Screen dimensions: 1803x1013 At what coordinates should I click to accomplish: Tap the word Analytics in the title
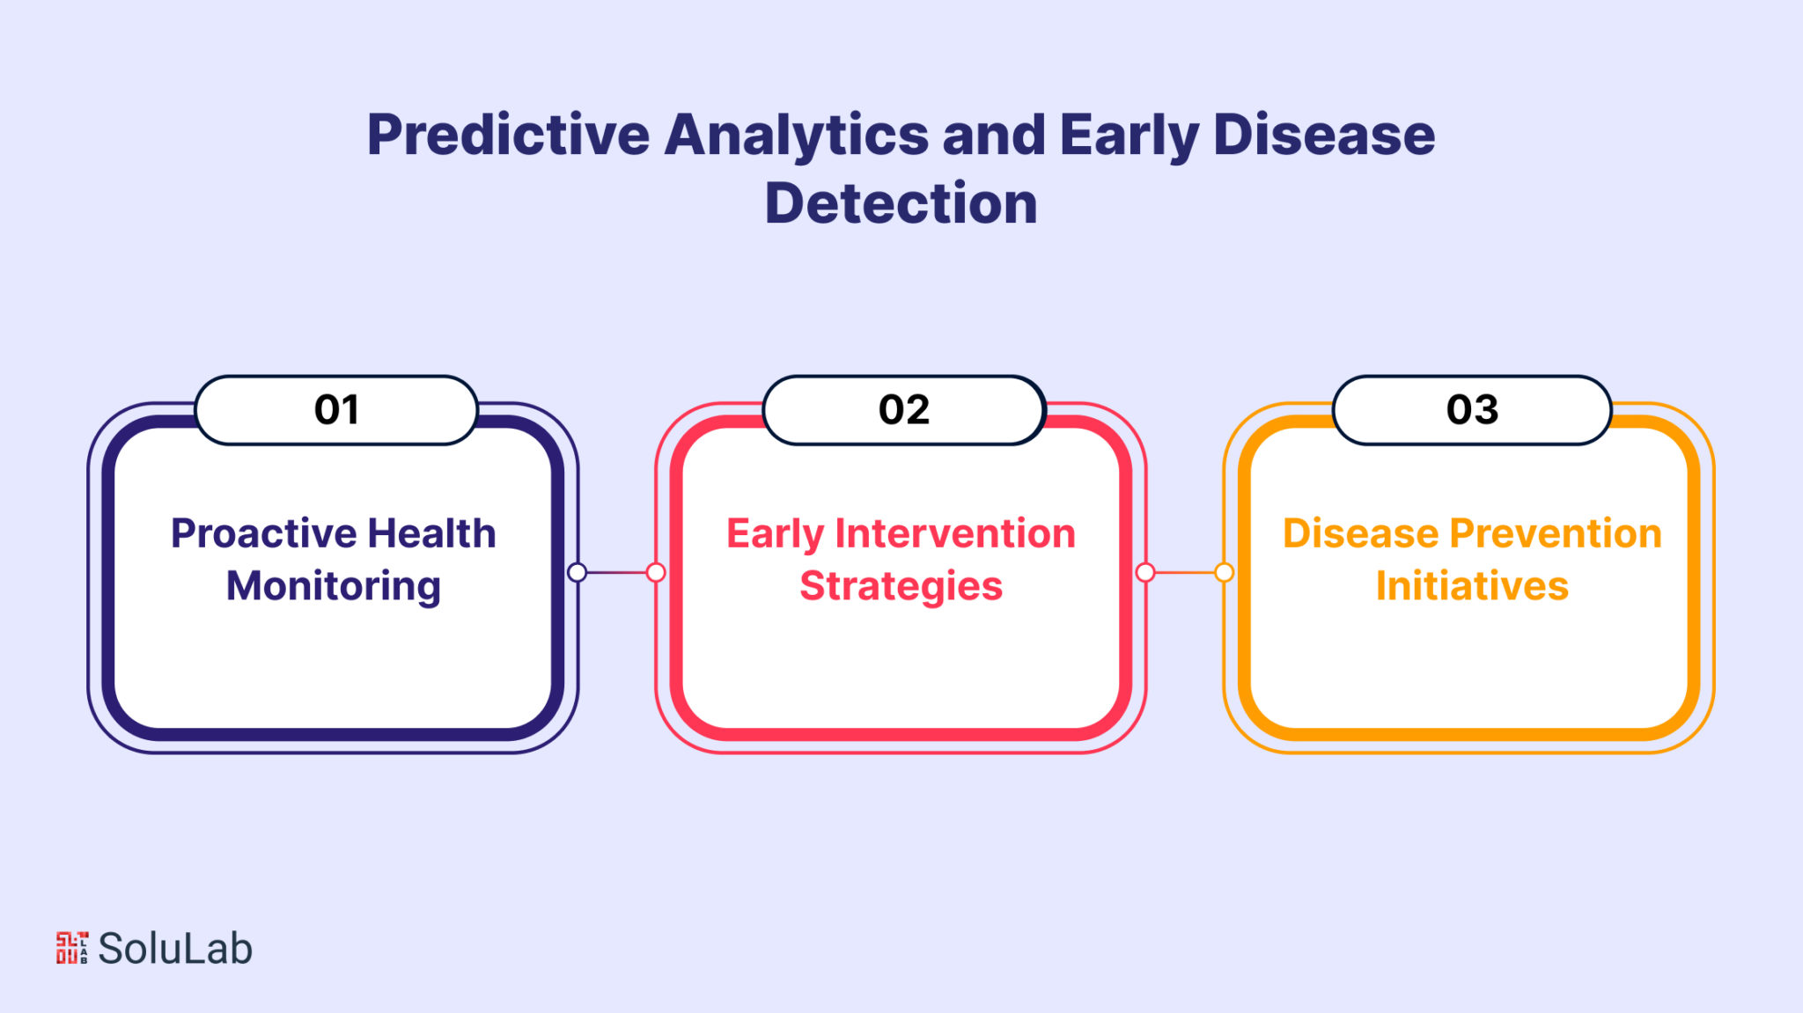point(797,137)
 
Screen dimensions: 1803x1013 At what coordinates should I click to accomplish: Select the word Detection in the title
point(901,203)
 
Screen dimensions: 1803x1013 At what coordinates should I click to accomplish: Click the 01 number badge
point(336,410)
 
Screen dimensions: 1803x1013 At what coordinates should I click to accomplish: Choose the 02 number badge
point(904,410)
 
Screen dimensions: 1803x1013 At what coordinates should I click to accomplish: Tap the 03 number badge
point(1472,410)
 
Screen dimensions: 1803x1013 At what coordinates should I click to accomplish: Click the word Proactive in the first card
point(263,533)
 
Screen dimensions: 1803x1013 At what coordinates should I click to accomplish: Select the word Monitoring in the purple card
point(334,587)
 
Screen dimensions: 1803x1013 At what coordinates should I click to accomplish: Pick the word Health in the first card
point(431,532)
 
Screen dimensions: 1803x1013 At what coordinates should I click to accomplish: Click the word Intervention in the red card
point(955,532)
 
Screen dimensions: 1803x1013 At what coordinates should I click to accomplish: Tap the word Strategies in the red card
point(901,587)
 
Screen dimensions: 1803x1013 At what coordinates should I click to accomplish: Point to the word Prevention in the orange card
point(1556,532)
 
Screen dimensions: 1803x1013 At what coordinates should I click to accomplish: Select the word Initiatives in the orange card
point(1472,585)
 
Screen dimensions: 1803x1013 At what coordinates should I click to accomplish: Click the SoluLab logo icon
point(72,948)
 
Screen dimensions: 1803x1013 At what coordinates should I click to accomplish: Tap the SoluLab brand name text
point(175,948)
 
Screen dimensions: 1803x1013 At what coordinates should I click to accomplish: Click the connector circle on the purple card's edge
point(578,573)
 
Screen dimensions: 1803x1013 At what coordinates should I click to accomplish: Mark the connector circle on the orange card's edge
point(1224,573)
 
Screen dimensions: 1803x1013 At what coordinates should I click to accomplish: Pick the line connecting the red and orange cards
point(1184,573)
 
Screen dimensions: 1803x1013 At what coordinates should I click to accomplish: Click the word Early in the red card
point(775,534)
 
